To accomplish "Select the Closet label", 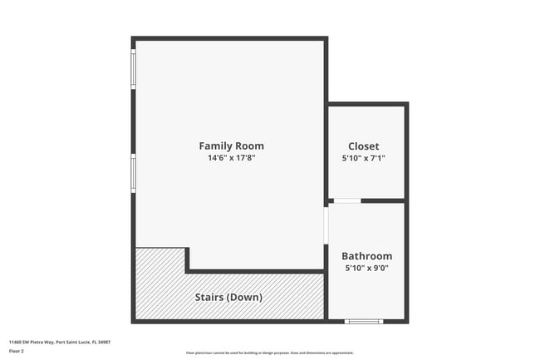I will click(x=364, y=145).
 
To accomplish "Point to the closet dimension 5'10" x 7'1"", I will click(x=364, y=158).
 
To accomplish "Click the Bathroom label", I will click(x=367, y=256).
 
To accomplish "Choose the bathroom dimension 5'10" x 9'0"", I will click(x=367, y=269).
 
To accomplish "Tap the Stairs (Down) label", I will click(x=228, y=297).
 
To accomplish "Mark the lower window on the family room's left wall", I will click(x=133, y=174).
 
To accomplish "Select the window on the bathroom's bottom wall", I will click(x=364, y=321).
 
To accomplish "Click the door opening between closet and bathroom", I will click(x=347, y=200).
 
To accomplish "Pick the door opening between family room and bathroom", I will click(x=326, y=224).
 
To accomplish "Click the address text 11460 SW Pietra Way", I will click(x=38, y=342).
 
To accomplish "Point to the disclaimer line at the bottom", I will click(x=269, y=353).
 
